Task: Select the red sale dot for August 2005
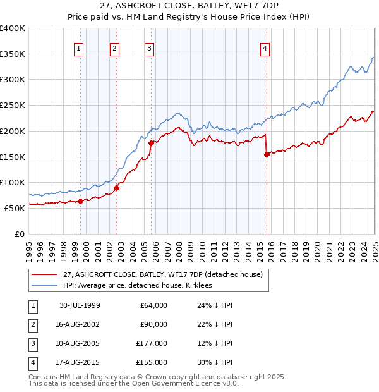(151, 143)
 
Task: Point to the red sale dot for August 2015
(267, 154)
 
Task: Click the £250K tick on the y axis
(13, 105)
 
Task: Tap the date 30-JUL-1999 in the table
(80, 305)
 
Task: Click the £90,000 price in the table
(152, 324)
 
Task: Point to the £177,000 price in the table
(151, 343)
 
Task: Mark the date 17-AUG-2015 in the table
(80, 362)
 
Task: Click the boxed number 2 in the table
(32, 324)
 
